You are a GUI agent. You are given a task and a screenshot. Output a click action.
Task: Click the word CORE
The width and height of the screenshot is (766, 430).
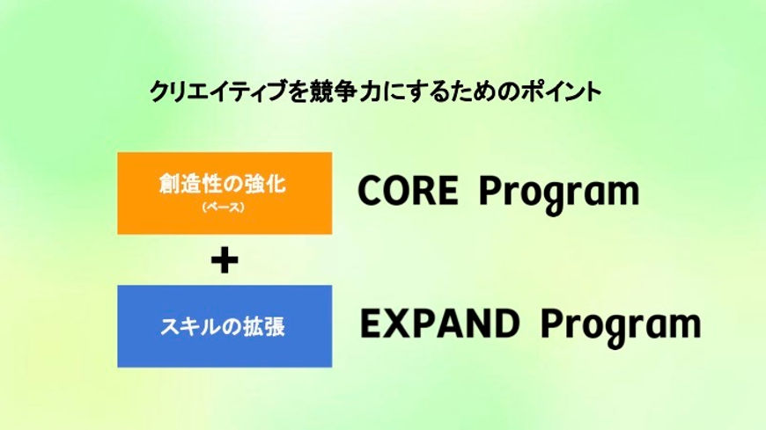pyautogui.click(x=409, y=190)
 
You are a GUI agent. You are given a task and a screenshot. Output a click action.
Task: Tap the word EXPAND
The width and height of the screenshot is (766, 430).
pyautogui.click(x=439, y=324)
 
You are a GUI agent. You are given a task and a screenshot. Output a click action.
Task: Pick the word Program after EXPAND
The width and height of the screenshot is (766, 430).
pyautogui.click(x=621, y=327)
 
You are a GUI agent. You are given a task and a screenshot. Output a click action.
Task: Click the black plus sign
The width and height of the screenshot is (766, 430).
pyautogui.click(x=225, y=260)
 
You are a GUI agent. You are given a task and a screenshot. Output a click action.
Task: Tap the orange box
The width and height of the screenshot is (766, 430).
pyautogui.click(x=225, y=193)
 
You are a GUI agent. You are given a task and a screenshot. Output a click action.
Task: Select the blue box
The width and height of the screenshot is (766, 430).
pyautogui.click(x=225, y=326)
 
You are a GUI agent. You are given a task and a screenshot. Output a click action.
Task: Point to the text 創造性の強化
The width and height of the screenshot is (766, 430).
pyautogui.click(x=223, y=184)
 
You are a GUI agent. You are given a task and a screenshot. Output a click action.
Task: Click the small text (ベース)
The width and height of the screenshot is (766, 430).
pyautogui.click(x=223, y=207)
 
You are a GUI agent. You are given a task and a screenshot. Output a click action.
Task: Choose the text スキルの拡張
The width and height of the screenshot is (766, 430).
pyautogui.click(x=223, y=326)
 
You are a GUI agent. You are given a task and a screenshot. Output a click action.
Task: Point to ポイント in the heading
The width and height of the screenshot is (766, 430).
pyautogui.click(x=560, y=91)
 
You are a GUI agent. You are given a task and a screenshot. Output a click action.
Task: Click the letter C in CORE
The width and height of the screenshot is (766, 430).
pyautogui.click(x=371, y=190)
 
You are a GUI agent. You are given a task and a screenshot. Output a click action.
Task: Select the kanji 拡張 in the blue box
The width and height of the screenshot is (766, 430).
pyautogui.click(x=264, y=326)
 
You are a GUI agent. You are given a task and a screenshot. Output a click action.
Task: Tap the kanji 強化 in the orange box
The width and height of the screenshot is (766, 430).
pyautogui.click(x=265, y=184)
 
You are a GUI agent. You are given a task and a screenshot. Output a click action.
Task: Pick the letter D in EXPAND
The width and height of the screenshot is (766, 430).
pyautogui.click(x=505, y=324)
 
